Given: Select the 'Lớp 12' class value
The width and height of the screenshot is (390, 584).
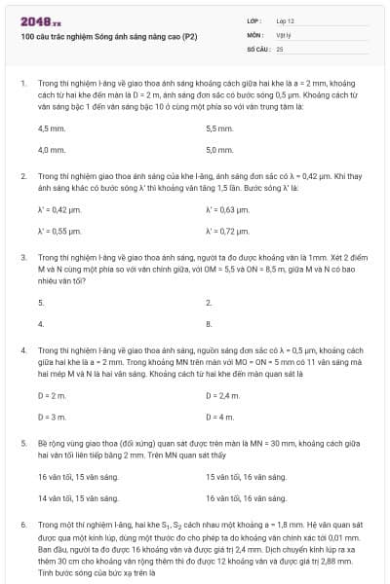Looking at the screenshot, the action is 286,20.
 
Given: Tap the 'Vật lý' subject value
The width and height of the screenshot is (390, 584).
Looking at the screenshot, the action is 286,34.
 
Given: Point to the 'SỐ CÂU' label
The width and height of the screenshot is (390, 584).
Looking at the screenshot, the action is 258,48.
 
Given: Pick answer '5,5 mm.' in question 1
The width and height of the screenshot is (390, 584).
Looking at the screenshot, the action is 219,128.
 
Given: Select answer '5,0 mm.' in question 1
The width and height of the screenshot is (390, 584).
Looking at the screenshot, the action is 219,150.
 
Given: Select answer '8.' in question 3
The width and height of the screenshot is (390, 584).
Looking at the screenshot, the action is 209,323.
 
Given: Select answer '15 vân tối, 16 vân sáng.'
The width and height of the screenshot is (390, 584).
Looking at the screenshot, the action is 246,477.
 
